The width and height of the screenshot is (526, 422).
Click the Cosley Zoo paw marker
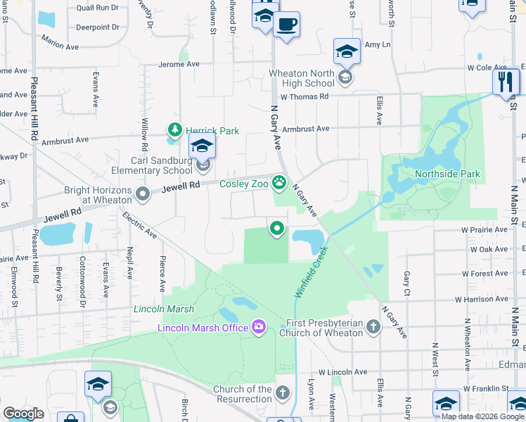click(x=280, y=184)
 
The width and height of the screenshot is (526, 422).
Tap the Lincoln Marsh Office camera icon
click(x=259, y=326)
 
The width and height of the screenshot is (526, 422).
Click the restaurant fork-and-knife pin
click(x=506, y=82)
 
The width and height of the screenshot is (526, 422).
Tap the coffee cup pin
click(x=286, y=26)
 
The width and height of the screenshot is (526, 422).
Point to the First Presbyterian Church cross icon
click(x=373, y=326)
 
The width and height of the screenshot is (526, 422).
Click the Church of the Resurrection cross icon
click(x=282, y=392)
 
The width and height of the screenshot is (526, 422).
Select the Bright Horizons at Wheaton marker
click(x=143, y=194)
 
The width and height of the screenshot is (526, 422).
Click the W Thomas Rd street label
click(x=304, y=96)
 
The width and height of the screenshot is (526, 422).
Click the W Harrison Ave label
click(x=482, y=300)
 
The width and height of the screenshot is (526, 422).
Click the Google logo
click(x=24, y=413)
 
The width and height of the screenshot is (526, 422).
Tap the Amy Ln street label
click(x=377, y=44)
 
